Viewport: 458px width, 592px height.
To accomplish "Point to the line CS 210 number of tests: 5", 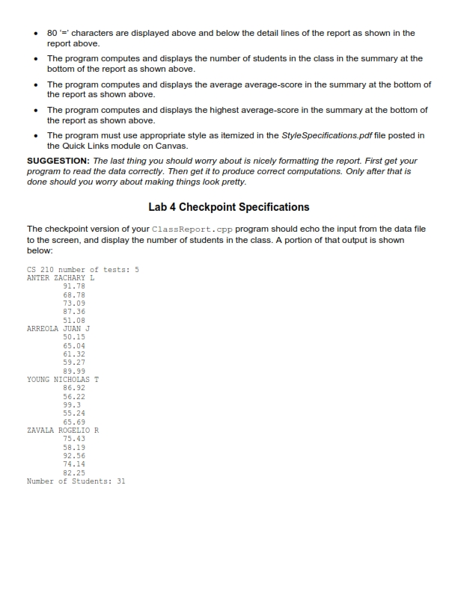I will click(x=82, y=269).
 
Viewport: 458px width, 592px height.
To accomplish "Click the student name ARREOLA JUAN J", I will click(x=58, y=328).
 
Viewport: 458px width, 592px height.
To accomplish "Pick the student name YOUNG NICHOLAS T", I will click(x=63, y=380).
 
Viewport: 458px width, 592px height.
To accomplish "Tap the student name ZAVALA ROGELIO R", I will click(x=63, y=431).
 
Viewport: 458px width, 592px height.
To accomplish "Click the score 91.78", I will click(x=73, y=286).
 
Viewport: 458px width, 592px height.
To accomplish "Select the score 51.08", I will click(x=73, y=320).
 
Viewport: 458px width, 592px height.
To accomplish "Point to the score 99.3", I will click(x=71, y=405).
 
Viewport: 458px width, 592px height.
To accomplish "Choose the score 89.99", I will click(x=73, y=371).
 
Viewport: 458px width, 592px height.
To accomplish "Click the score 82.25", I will click(x=73, y=473).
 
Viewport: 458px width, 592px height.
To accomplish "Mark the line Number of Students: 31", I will click(x=76, y=481).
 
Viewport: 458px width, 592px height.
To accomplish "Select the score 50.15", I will click(x=73, y=337).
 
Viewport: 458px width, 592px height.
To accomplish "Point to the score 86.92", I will click(x=73, y=388).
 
